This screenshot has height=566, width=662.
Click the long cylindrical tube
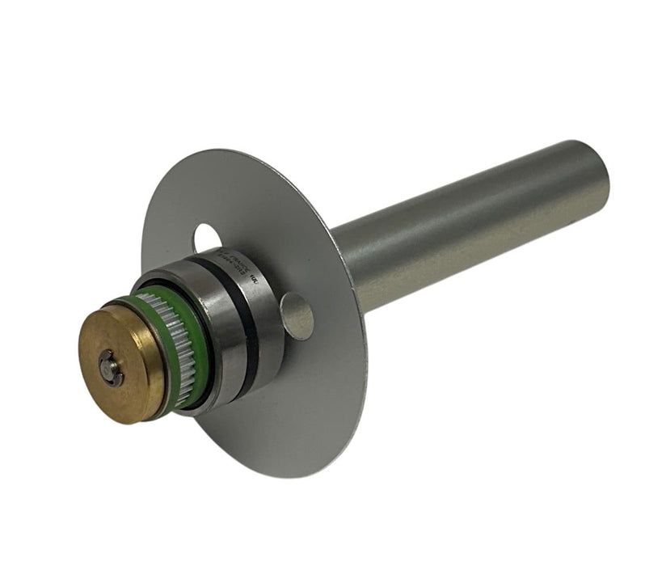coord(469,226)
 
